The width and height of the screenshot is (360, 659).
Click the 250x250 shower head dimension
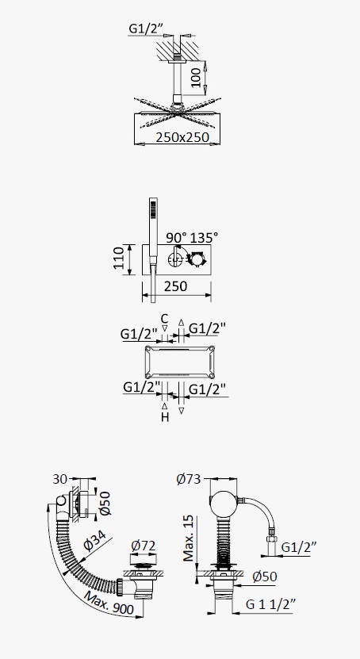(x=182, y=137)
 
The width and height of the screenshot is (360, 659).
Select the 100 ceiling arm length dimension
(x=196, y=76)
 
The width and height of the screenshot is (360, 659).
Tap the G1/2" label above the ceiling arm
(x=145, y=29)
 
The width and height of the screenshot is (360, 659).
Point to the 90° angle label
(x=175, y=237)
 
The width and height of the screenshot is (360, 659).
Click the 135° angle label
(x=204, y=237)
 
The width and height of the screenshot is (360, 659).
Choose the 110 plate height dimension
(x=119, y=258)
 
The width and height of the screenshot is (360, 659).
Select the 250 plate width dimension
(x=175, y=286)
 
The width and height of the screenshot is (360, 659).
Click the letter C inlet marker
(x=165, y=319)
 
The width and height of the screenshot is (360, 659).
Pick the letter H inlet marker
(x=165, y=417)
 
